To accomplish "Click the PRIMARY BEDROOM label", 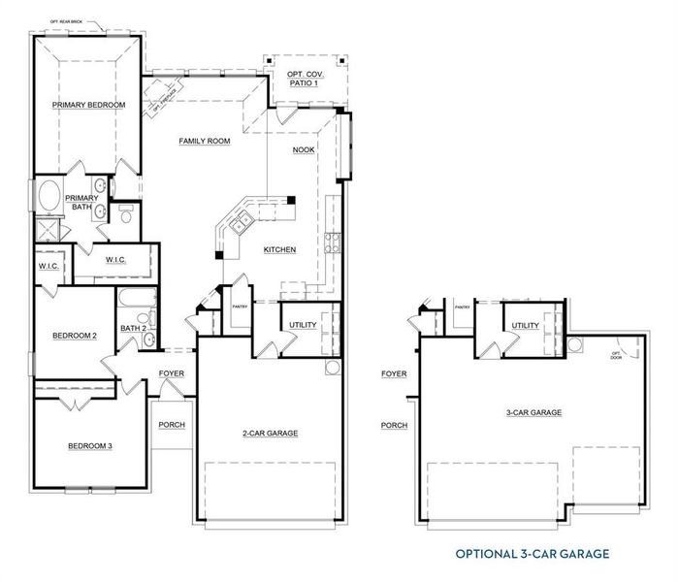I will click(88, 104).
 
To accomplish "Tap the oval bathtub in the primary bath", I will click(48, 195).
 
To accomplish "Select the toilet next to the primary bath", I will click(124, 213).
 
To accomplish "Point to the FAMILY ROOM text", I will click(205, 142).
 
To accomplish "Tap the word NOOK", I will click(304, 150).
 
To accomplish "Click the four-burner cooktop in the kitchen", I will click(333, 242).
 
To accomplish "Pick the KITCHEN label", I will click(279, 250).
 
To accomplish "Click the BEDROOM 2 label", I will click(75, 336).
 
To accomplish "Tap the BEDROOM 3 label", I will click(90, 446).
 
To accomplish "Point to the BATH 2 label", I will click(134, 329).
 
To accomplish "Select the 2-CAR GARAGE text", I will click(271, 434).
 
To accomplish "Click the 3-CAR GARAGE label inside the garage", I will click(533, 413).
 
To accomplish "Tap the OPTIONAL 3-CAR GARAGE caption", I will click(533, 554).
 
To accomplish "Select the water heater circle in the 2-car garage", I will click(333, 368).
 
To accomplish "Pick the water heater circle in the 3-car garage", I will click(575, 344).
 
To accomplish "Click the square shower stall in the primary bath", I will click(45, 230).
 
